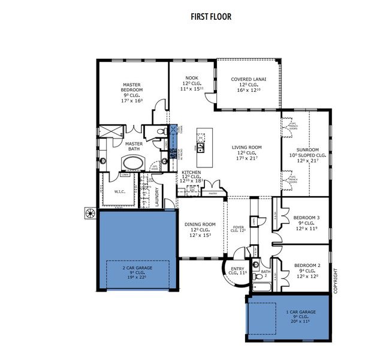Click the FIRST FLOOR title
(x=189, y=16)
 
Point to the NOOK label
(x=191, y=79)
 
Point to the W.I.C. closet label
(x=119, y=192)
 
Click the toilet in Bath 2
(x=255, y=264)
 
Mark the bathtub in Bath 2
(x=260, y=287)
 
